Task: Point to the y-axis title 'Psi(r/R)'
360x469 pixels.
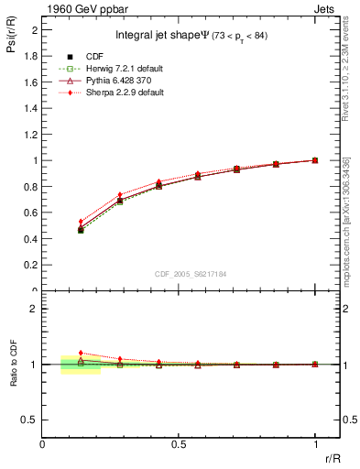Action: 8,37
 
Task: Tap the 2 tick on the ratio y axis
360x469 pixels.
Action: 34,309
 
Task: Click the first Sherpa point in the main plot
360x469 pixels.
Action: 81,221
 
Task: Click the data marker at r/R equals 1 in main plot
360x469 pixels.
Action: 315,160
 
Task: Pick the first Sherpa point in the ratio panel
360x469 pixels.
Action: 81,353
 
